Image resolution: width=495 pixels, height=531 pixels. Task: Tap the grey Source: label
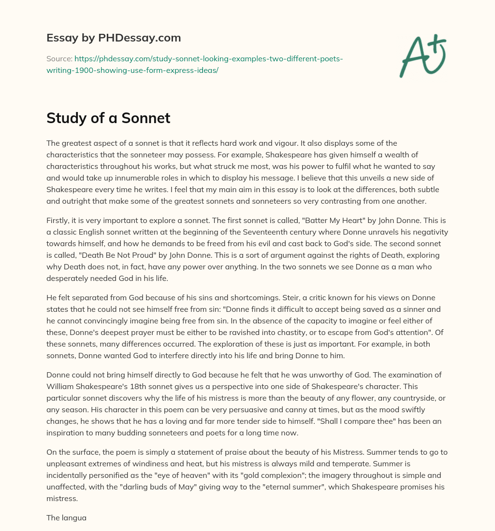point(59,59)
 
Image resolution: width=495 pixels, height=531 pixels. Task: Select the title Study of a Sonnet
point(108,118)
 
